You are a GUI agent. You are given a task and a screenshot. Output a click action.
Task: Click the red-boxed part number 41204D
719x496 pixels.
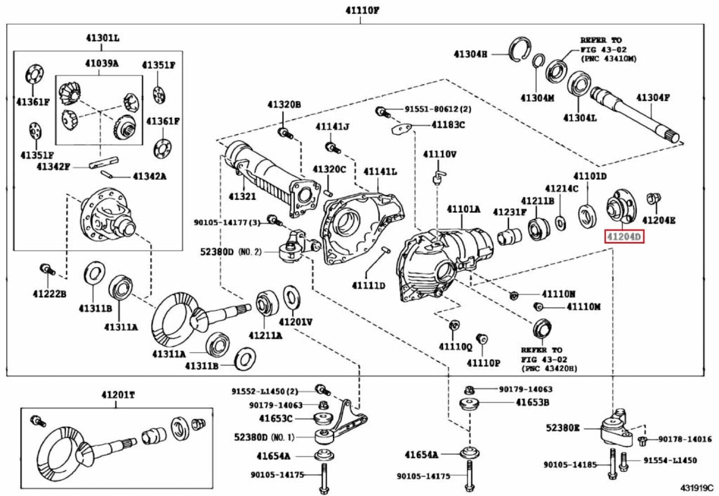625,236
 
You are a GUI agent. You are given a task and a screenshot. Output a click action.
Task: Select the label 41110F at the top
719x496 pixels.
362,10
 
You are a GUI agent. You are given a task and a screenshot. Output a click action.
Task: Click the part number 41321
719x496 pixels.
242,196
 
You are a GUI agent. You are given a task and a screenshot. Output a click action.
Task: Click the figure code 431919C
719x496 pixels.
696,488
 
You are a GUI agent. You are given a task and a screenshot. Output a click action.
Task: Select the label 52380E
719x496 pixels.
563,428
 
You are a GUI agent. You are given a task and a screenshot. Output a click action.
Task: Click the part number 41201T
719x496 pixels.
118,395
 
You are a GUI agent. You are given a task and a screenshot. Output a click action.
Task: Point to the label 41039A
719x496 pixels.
102,63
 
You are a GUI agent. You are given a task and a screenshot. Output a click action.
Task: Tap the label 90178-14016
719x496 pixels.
685,439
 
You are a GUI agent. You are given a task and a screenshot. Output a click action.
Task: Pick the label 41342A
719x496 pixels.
149,176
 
